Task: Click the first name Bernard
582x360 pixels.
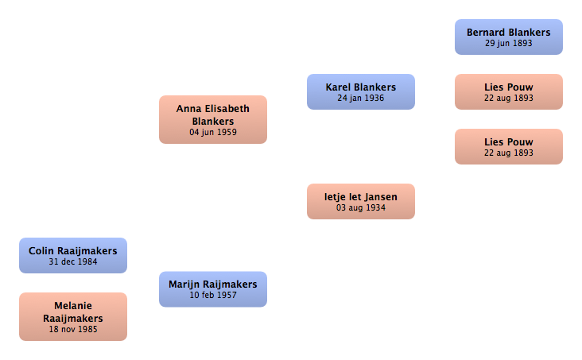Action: coord(483,33)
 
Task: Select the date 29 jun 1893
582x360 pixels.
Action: coord(509,43)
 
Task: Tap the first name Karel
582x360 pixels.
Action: coord(337,87)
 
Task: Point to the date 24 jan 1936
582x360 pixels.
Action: coord(361,98)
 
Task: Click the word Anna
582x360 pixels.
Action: coord(189,109)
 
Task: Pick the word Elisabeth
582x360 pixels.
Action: coord(227,109)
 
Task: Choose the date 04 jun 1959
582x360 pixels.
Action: coord(213,132)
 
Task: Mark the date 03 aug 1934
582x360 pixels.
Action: coord(361,208)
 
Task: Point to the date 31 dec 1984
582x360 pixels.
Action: coord(73,261)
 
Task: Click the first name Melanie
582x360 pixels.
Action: coord(73,306)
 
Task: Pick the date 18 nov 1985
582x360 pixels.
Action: coord(73,329)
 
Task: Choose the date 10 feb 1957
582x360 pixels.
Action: coord(213,295)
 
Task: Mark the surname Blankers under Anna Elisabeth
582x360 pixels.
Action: coord(213,122)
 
